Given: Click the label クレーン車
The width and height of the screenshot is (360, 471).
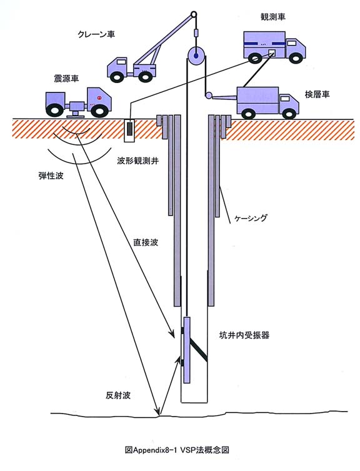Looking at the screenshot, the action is (x=96, y=34).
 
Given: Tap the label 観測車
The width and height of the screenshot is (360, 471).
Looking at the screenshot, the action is (x=272, y=17).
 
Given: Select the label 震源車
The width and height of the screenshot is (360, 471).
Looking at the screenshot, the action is (x=66, y=79).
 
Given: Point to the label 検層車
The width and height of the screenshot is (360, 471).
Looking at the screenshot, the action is (x=317, y=94).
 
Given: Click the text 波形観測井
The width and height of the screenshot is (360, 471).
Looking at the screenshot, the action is (x=138, y=161).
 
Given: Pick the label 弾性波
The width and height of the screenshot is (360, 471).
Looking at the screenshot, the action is (x=51, y=176).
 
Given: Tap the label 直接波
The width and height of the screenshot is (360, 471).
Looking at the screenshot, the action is (x=146, y=242).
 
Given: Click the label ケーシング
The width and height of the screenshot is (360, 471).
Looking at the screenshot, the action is (x=251, y=218).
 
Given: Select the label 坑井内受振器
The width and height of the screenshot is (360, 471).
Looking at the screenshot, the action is (x=244, y=335).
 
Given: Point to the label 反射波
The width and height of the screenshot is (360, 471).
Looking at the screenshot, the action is (x=118, y=395).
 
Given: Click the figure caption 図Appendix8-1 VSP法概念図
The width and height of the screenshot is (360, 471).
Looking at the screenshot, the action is (x=177, y=450).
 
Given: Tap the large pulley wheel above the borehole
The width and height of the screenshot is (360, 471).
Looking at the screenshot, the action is (x=196, y=56).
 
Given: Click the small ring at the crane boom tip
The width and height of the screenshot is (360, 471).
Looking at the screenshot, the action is (x=194, y=14).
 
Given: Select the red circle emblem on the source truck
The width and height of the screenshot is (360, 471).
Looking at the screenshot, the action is (x=99, y=97).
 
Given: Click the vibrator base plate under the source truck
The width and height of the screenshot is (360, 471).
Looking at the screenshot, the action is (x=75, y=116).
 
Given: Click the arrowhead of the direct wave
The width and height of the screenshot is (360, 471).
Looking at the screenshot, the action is (x=172, y=334).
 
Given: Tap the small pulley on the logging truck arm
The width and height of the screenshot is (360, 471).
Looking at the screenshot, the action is (x=208, y=96).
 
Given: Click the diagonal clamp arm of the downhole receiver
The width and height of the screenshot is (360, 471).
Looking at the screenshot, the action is (x=199, y=350).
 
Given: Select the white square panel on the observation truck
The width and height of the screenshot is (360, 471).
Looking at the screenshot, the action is (x=271, y=53).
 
